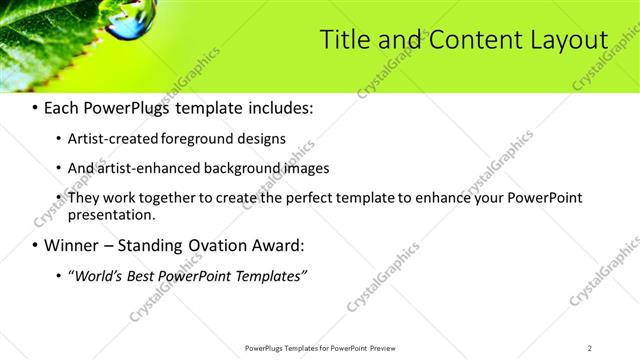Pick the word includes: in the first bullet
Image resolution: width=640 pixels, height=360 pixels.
[x=278, y=106]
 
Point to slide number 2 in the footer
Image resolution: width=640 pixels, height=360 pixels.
[x=589, y=348]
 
